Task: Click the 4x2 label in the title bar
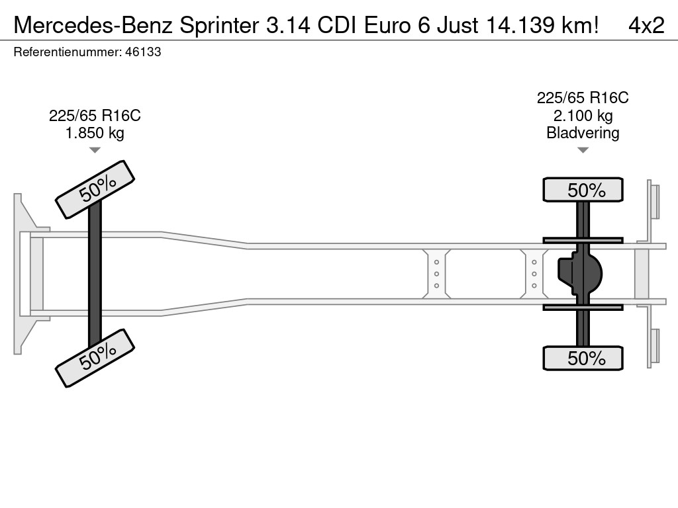click(x=646, y=25)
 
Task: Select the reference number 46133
click(x=143, y=52)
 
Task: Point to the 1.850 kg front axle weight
click(x=95, y=133)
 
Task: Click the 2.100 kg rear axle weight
click(x=583, y=116)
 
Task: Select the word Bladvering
click(x=583, y=133)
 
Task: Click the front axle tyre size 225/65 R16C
click(x=95, y=116)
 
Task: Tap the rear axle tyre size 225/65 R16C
click(x=583, y=99)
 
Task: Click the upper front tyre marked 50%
click(x=95, y=190)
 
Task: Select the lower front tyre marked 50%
click(x=95, y=358)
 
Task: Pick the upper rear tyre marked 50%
click(x=583, y=190)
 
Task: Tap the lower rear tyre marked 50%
click(x=583, y=359)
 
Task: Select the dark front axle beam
click(x=95, y=273)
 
